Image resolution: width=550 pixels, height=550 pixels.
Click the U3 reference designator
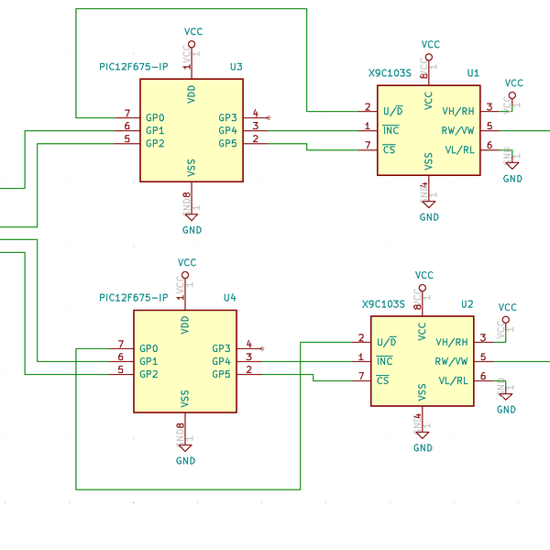[236, 67]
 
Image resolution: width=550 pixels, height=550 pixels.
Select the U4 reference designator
[229, 298]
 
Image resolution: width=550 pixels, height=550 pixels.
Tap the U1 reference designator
[473, 72]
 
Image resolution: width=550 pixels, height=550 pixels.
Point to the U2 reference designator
[467, 303]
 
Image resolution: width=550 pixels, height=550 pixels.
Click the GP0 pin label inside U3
[155, 117]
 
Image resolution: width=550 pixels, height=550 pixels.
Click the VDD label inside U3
[191, 93]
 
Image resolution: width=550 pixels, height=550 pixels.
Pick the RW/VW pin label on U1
[457, 130]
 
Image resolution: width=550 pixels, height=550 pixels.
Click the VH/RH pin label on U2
[452, 342]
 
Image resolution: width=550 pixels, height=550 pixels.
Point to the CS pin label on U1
[390, 149]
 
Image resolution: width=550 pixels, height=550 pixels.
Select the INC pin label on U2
[384, 361]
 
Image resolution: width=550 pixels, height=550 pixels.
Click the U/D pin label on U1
[392, 111]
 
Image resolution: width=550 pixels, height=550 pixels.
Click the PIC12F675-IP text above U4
[134, 298]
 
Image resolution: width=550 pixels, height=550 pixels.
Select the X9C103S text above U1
[390, 72]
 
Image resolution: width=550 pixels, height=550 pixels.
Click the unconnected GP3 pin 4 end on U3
[268, 117]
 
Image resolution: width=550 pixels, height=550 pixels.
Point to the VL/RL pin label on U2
[453, 380]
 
